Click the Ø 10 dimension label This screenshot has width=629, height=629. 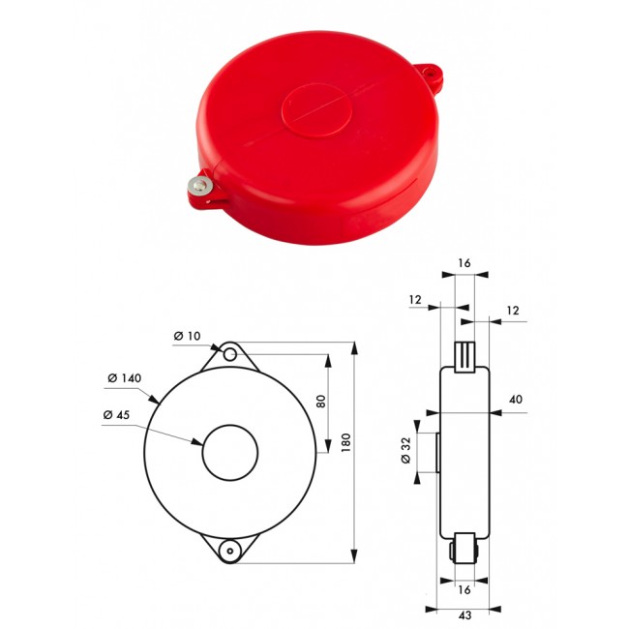[186, 336]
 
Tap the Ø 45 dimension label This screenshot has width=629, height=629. [118, 415]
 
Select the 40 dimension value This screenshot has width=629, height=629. [515, 400]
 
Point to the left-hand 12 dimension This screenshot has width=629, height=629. [415, 301]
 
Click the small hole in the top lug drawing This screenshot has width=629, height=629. [229, 354]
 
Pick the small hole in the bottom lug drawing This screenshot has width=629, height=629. [229, 550]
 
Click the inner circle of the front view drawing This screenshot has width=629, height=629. [230, 452]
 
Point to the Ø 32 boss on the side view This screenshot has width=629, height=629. [438, 452]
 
